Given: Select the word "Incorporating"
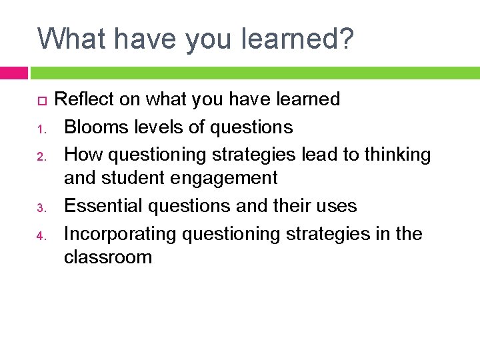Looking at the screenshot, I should [x=120, y=234].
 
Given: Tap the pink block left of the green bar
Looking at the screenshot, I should [x=13, y=73].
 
